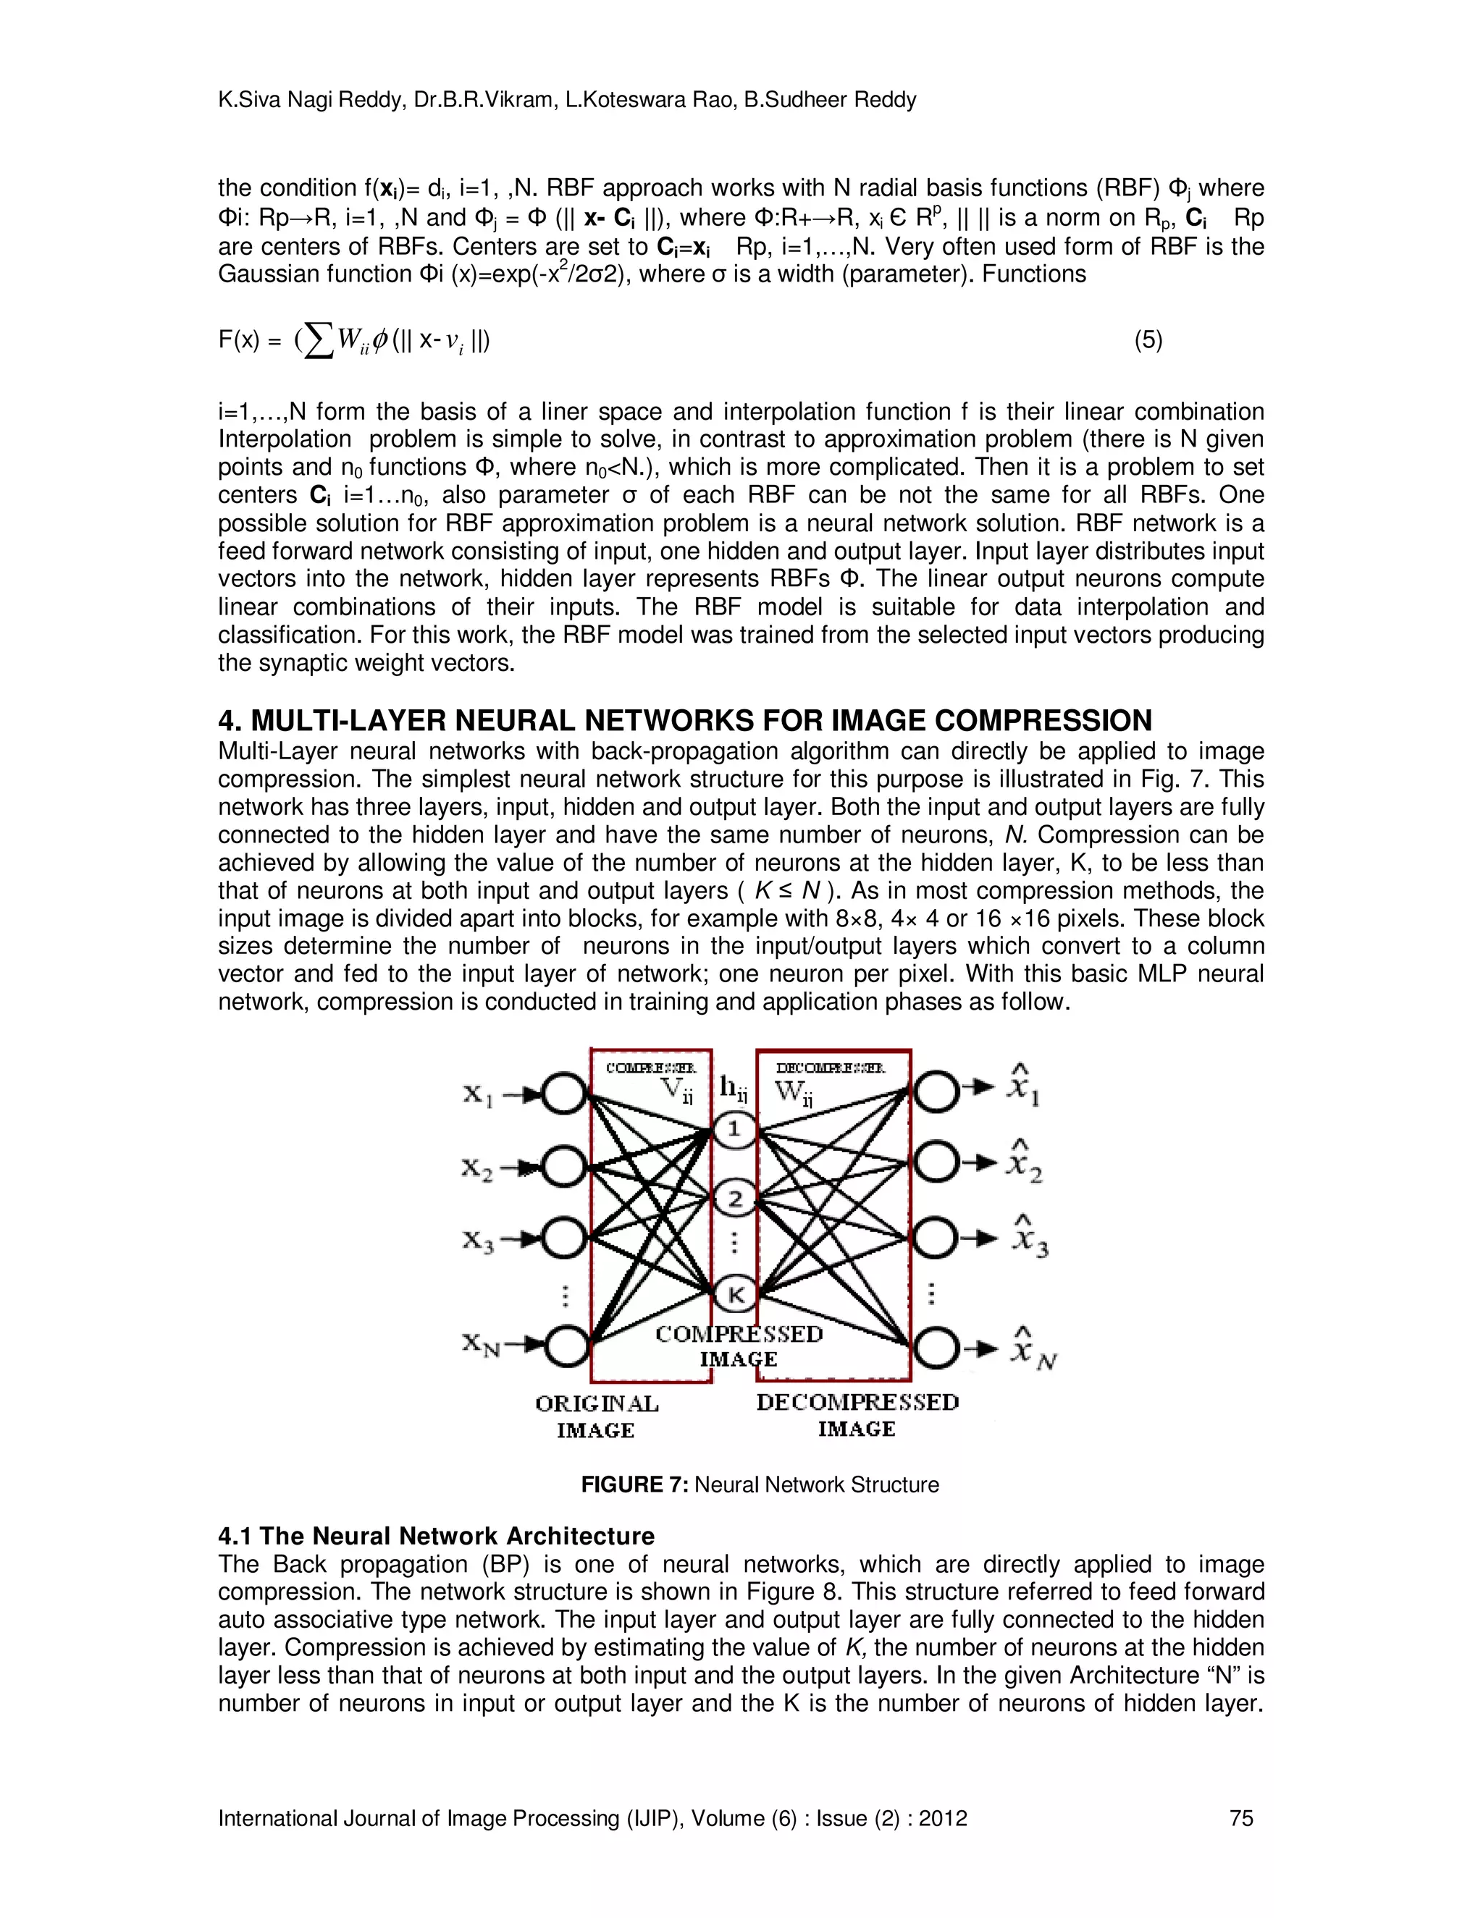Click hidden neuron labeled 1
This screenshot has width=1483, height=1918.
point(734,1129)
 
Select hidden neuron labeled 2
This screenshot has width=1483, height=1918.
point(734,1199)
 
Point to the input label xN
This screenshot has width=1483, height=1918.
point(482,1345)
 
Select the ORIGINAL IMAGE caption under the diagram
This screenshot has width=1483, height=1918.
point(597,1416)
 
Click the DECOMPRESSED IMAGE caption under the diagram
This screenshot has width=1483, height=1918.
point(857,1416)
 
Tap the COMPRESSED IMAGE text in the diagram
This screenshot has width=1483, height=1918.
point(739,1346)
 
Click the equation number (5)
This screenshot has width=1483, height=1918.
point(1148,340)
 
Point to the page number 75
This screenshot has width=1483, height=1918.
point(1241,1818)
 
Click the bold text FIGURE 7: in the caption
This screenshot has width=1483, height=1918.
point(634,1485)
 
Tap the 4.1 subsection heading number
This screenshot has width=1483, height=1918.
point(235,1536)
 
